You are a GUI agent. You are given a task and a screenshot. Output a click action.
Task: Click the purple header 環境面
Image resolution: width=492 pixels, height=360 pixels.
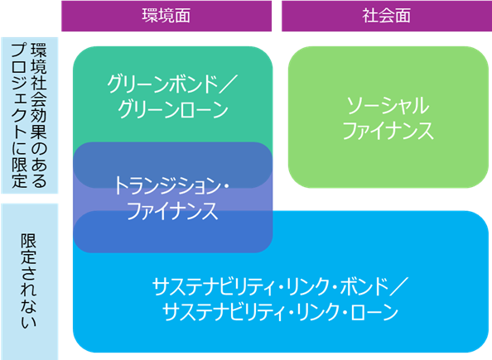point(166,16)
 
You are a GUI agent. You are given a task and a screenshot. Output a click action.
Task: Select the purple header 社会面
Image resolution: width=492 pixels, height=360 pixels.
point(387,16)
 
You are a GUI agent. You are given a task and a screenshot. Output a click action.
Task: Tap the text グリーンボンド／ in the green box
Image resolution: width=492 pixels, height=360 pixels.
point(172,84)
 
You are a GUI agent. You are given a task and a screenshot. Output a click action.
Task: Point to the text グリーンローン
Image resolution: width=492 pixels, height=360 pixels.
point(173,109)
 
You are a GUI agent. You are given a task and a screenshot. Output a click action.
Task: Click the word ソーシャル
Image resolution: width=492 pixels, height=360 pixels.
point(388,106)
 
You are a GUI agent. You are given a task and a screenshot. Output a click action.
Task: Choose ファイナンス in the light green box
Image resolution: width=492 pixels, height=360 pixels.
point(388,131)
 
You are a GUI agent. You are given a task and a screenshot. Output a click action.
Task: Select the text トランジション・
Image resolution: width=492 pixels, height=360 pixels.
point(171,185)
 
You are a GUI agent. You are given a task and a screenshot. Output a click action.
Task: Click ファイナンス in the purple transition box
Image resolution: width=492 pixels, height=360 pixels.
point(172,211)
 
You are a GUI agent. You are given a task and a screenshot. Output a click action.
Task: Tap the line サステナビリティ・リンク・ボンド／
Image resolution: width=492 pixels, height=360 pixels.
point(280,286)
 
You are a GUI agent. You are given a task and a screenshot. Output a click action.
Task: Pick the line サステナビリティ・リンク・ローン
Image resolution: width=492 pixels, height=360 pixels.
point(280,312)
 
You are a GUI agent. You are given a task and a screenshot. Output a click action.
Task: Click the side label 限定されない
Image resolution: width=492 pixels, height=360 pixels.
point(29,281)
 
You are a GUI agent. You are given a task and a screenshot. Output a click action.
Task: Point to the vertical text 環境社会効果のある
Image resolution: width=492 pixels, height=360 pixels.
point(39,115)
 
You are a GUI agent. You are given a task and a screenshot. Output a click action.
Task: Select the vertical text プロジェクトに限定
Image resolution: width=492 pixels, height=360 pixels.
point(19,115)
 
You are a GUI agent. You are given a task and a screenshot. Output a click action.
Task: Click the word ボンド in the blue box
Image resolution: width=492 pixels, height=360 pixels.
point(364,286)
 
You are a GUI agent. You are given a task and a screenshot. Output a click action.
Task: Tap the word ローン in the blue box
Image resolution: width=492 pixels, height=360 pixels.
point(374,312)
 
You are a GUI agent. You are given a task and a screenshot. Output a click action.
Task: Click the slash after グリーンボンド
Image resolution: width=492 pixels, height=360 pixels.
point(229,84)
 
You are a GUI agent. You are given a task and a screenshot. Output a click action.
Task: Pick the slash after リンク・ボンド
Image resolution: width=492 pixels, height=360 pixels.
point(398,286)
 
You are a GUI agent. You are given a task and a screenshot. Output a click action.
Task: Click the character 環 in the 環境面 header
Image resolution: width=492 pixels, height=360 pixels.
point(150,16)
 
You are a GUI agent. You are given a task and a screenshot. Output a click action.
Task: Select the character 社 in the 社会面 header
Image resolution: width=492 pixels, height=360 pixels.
point(370,16)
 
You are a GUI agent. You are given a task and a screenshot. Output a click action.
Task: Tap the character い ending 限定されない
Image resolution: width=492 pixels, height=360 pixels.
point(29,322)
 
